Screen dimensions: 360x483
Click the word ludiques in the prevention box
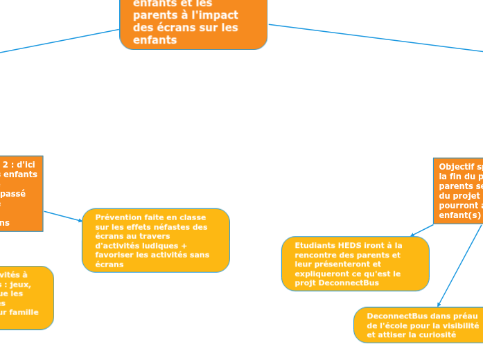click(x=160, y=245)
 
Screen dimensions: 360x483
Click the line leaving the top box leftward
click(x=62, y=41)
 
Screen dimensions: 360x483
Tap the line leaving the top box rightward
click(x=374, y=38)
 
